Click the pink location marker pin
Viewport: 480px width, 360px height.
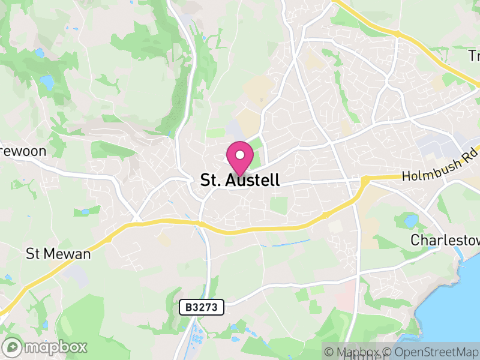[x=240, y=158]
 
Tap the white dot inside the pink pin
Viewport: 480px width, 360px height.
[x=240, y=155]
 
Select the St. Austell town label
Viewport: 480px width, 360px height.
[x=239, y=181]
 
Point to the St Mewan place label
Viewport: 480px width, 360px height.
[x=58, y=254]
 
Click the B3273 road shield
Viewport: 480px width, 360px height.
[x=202, y=308]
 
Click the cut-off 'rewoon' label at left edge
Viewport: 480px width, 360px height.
[x=23, y=151]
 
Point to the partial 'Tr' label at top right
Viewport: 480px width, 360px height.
[x=474, y=56]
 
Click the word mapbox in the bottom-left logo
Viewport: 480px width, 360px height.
[x=56, y=347]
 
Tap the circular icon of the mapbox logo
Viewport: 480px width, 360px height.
[x=14, y=347]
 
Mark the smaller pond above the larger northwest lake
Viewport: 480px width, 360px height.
[x=40, y=53]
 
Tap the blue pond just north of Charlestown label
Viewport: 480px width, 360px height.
[x=410, y=221]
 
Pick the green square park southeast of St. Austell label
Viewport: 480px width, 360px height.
[x=278, y=205]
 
